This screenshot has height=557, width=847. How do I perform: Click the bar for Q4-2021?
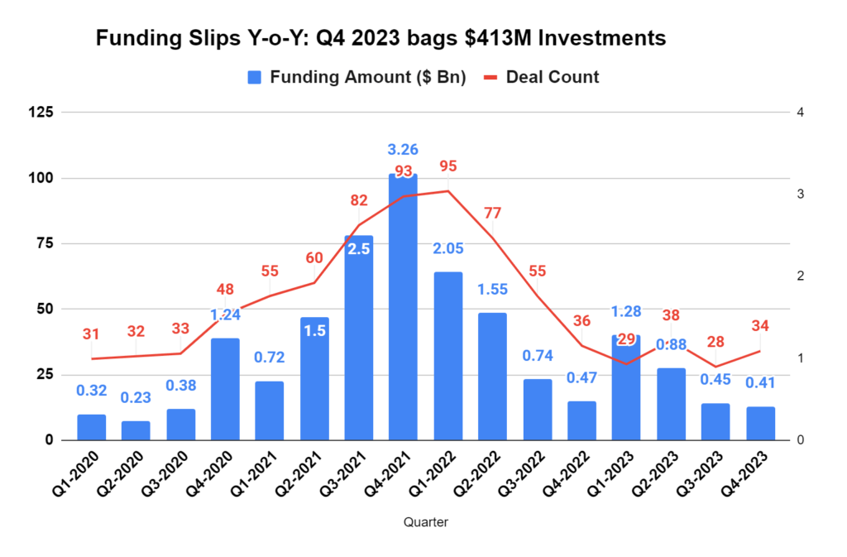tap(403, 306)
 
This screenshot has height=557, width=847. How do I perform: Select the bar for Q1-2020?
tap(92, 427)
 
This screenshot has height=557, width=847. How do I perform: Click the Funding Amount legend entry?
tap(357, 77)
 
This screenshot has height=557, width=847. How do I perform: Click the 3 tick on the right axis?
tap(801, 194)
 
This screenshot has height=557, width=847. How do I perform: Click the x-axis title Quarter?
tap(426, 522)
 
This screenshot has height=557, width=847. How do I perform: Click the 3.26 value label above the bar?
tap(403, 150)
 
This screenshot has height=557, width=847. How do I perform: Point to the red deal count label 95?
tap(447, 166)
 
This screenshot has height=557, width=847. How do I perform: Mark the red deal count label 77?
tap(492, 213)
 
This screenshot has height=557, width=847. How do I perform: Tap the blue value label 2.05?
tap(447, 249)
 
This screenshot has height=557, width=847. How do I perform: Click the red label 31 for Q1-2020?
tap(91, 334)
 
